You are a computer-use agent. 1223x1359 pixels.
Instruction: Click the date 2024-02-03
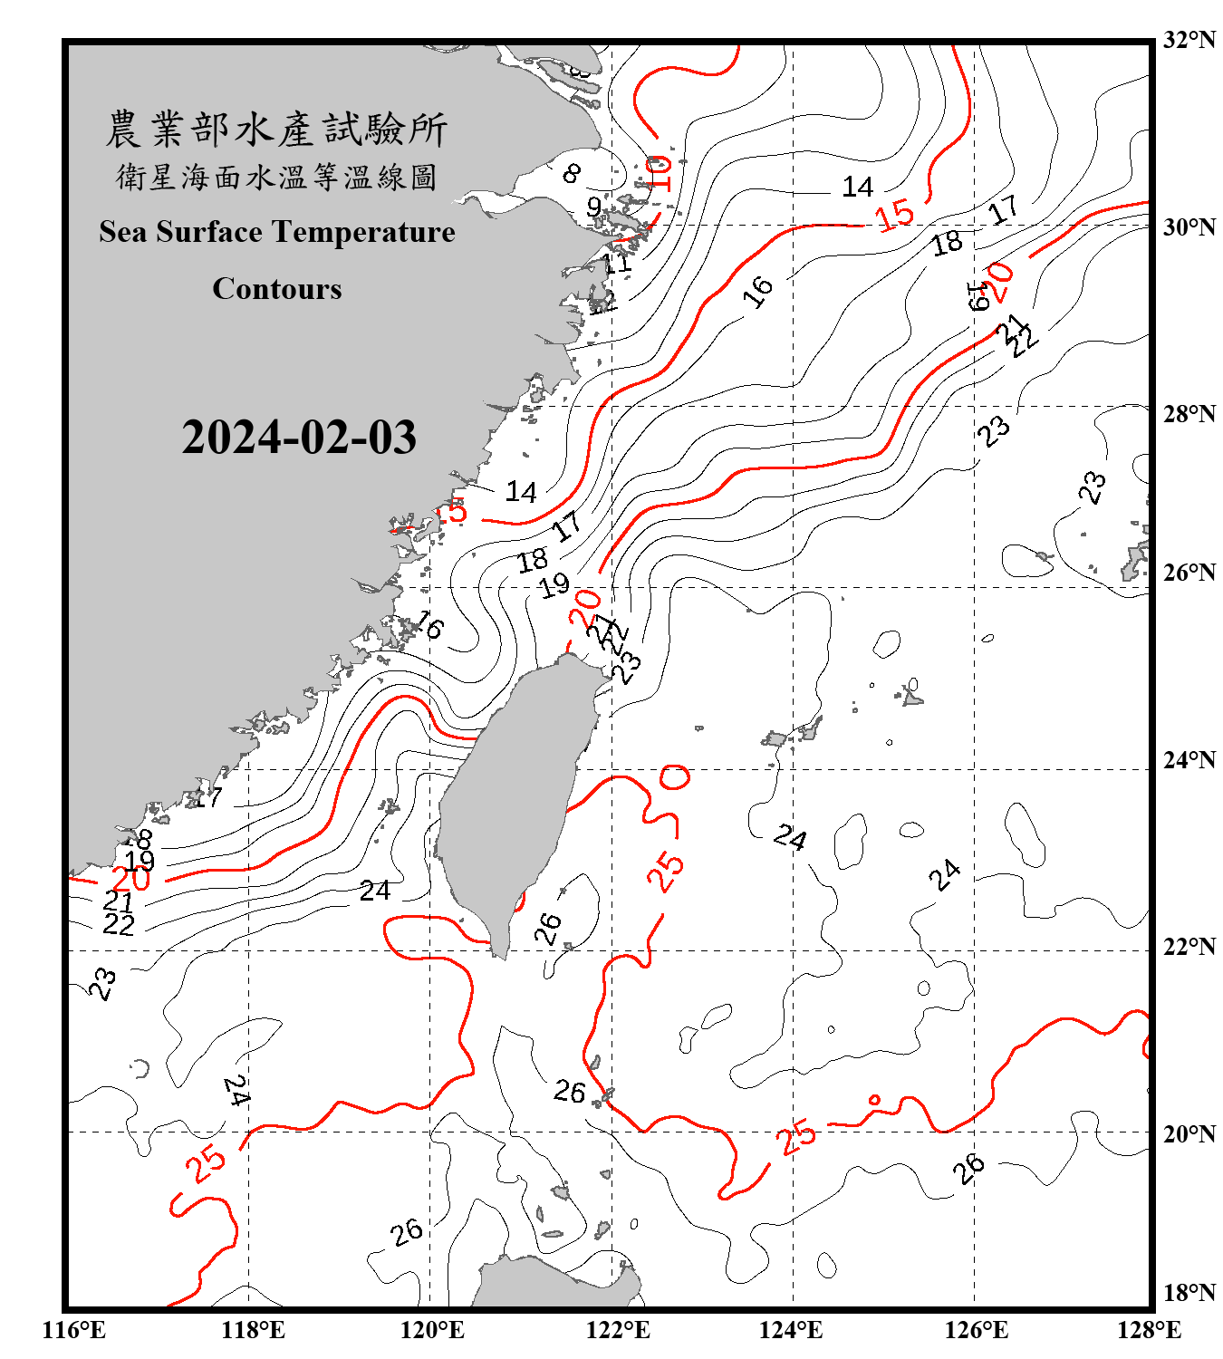[299, 438]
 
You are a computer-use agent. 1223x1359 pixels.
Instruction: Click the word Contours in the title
[277, 289]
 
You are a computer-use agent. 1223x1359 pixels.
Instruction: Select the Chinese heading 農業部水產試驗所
[276, 130]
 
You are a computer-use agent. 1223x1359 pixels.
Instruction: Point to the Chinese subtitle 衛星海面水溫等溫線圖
[276, 177]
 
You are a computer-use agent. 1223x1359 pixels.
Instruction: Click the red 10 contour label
[659, 172]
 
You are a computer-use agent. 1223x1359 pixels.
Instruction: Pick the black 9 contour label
[593, 207]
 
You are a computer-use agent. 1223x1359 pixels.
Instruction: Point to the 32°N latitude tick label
[1189, 40]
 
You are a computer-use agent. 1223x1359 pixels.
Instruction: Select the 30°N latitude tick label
[1189, 227]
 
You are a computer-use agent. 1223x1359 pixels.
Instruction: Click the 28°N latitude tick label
[1189, 414]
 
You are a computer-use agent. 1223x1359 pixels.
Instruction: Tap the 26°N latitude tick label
[1189, 573]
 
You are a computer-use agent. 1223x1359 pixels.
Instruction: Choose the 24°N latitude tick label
[1189, 760]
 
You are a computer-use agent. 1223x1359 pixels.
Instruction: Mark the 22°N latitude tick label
[1189, 947]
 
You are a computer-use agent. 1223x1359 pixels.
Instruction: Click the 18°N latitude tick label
[1189, 1293]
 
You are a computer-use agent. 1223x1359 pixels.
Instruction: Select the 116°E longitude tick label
[73, 1331]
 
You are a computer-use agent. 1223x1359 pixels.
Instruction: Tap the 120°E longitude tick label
[432, 1331]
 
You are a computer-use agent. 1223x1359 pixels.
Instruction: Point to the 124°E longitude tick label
[791, 1331]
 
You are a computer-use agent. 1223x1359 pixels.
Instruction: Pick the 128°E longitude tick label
[1149, 1331]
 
